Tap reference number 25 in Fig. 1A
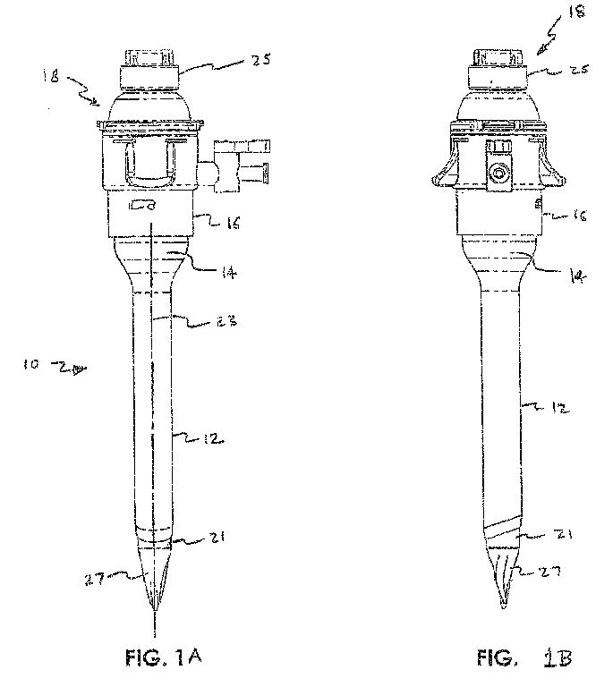coord(260,61)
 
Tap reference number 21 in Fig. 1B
coord(561,535)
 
